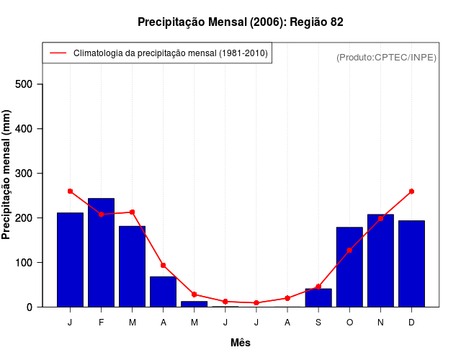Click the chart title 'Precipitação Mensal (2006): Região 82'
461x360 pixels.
pos(241,22)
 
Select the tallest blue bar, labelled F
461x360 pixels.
pos(101,252)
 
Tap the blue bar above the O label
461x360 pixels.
pos(349,266)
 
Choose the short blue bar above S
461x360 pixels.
pos(318,297)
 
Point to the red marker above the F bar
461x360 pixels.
pos(101,215)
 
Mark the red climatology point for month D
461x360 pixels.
pos(411,192)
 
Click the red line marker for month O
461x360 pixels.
pos(349,250)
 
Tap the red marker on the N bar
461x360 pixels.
pos(380,218)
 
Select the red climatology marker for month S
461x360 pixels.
pos(318,287)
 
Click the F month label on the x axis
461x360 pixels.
pos(101,323)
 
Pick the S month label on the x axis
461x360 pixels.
pos(318,323)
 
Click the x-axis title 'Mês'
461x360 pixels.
pos(241,343)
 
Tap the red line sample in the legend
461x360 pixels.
pos(58,53)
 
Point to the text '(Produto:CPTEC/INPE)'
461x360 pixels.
pos(386,57)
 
